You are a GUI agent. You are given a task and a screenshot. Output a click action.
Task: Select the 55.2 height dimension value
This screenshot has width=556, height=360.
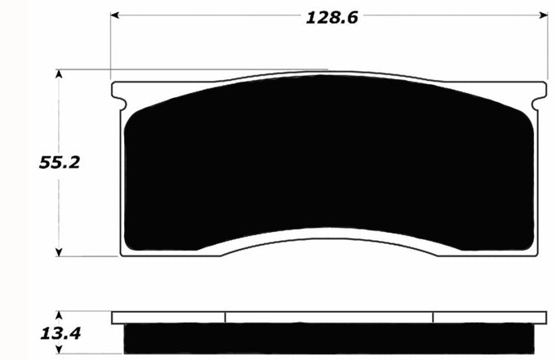59,162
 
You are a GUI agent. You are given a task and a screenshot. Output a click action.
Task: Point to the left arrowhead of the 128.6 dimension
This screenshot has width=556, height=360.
115,16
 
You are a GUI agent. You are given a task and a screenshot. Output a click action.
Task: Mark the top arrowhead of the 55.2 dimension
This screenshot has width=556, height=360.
59,74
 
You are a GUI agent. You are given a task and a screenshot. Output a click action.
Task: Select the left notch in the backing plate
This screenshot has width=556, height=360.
122,104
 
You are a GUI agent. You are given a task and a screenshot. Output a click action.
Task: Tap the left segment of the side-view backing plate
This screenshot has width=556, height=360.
168,318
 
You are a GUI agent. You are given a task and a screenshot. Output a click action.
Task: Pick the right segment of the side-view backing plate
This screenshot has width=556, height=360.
489,318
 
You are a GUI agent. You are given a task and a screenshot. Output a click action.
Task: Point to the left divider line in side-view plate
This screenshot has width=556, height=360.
225,318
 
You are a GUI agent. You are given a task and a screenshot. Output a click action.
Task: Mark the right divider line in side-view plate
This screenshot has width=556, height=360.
433,318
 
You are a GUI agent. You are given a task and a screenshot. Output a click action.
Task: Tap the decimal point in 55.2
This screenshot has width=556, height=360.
65,167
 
